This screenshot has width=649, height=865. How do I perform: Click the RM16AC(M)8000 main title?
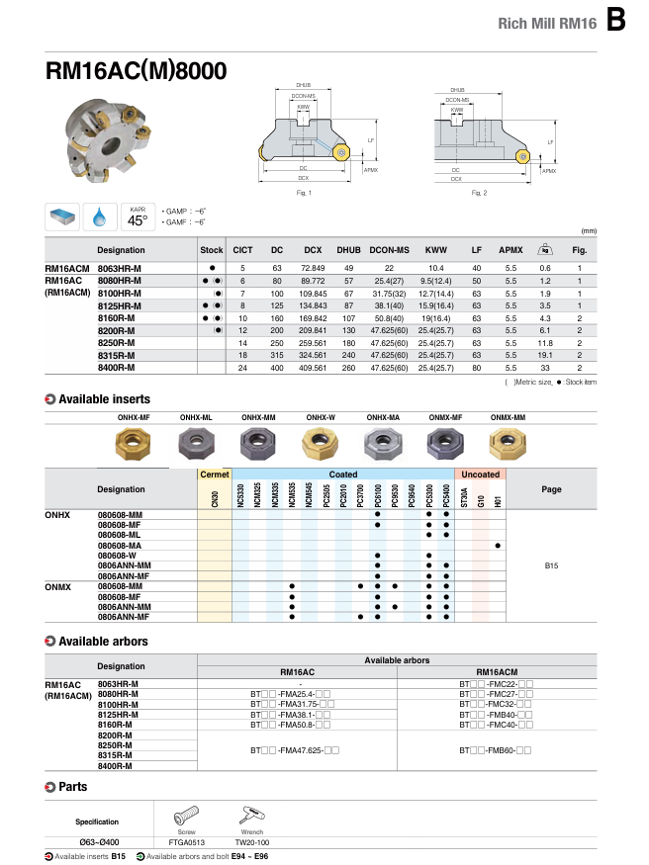click(137, 71)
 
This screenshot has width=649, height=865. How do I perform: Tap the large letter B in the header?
click(616, 19)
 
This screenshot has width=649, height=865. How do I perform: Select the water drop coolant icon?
click(98, 216)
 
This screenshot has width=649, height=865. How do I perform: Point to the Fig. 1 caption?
click(304, 192)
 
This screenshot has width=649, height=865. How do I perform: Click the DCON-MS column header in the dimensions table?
click(389, 250)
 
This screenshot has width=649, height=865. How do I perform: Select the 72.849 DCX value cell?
click(313, 268)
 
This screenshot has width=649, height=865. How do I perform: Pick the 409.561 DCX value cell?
click(313, 368)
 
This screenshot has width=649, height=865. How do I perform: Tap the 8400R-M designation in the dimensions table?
click(117, 368)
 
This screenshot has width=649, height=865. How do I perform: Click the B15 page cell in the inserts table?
click(552, 565)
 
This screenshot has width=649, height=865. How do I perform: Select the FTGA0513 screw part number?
click(186, 841)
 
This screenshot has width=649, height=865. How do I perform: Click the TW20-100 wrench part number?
click(246, 841)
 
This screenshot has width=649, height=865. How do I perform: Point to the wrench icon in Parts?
click(246, 817)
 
